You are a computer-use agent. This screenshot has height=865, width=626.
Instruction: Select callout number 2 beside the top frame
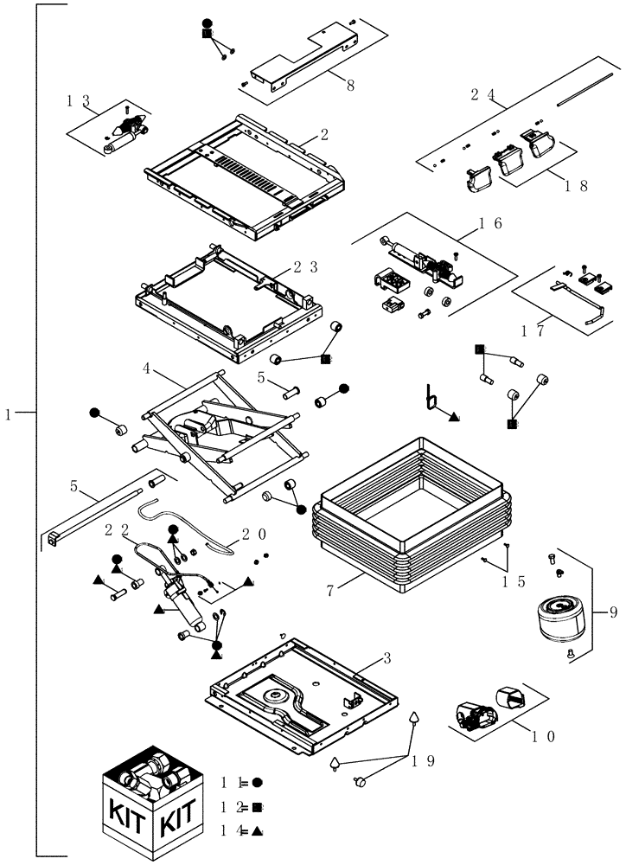click(323, 134)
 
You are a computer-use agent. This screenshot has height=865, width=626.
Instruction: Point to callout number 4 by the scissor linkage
click(147, 369)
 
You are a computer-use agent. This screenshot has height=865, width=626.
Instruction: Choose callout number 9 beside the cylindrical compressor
click(613, 612)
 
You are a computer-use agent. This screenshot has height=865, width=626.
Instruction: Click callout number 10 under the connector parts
click(544, 737)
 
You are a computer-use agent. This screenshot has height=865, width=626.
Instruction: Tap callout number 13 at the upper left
click(80, 100)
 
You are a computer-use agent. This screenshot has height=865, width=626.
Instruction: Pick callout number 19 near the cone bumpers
click(423, 761)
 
